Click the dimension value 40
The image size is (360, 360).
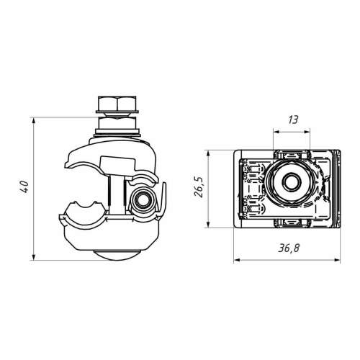tap(24, 186)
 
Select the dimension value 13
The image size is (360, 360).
tap(293, 120)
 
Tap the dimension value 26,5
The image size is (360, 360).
tap(199, 187)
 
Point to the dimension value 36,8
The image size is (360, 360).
tap(289, 248)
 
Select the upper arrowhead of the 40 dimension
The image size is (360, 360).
tap(34, 120)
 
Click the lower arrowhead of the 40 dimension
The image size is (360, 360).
tap(34, 257)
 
